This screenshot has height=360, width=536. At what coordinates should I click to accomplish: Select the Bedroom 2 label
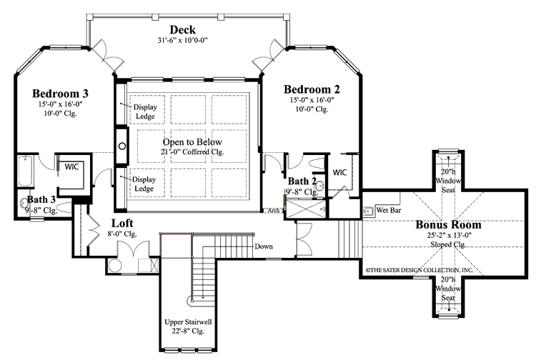[x=312, y=89]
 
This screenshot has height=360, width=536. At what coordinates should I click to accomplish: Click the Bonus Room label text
[x=448, y=225]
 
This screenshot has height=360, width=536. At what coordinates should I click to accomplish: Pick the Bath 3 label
[x=42, y=201]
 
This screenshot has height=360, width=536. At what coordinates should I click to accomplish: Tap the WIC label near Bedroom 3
[x=71, y=166]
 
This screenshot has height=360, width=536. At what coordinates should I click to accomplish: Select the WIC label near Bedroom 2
[x=339, y=172]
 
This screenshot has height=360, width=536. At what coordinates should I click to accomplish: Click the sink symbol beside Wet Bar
[x=368, y=211]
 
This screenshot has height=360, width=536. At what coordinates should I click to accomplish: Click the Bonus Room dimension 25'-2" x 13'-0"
[x=448, y=236]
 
